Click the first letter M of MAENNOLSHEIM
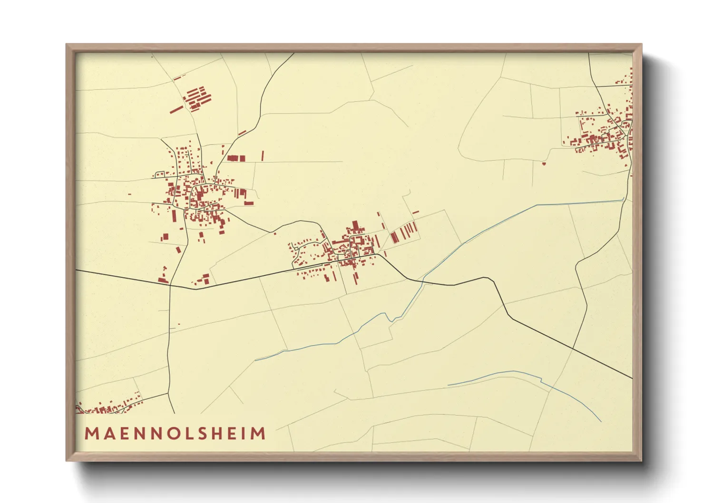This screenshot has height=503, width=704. point(91,434)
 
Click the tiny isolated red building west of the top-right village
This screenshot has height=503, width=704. point(544,164)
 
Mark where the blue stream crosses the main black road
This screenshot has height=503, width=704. point(423,281)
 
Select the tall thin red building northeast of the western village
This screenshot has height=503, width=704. point(262,155)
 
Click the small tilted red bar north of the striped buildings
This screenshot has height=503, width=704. point(415,212)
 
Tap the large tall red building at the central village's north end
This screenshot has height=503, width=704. point(355,226)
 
